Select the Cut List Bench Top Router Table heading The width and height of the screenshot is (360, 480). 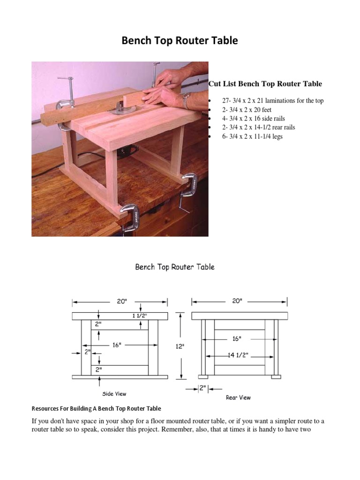tap(265, 84)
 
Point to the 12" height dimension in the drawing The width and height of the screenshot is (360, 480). tap(180, 346)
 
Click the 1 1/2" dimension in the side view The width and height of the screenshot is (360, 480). tap(139, 316)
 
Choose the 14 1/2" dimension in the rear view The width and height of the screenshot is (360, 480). tap(239, 355)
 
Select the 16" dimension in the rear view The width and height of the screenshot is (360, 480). tap(237, 338)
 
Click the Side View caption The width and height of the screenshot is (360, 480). tap(114, 394)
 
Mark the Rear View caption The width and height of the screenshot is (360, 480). tap(238, 397)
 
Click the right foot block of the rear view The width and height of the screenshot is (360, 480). tap(276, 376)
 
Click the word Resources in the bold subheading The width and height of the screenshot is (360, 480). tap(46, 408)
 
